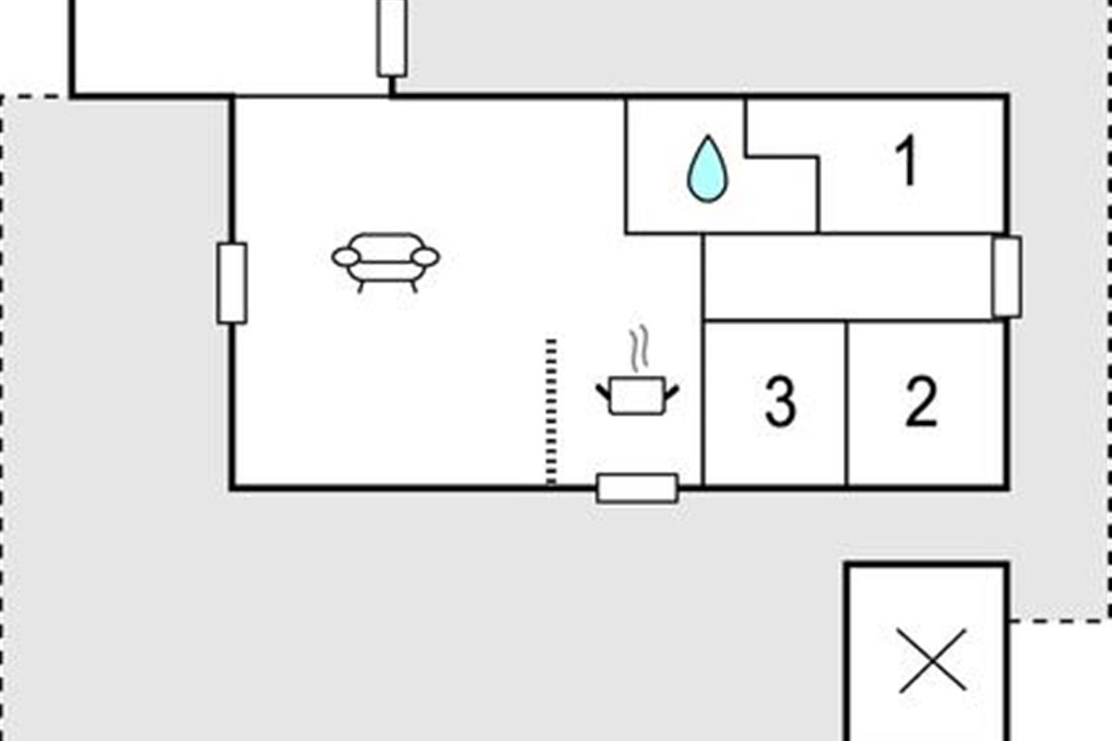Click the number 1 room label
click(908, 161)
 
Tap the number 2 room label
click(921, 402)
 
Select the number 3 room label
click(780, 402)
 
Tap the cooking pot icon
click(638, 396)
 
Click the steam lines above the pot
click(638, 350)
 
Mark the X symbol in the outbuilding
click(932, 660)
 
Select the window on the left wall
click(232, 283)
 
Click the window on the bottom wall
click(638, 487)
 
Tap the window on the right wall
click(1006, 276)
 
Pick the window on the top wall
click(392, 37)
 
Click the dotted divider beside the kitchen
click(551, 412)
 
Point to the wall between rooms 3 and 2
click(847, 403)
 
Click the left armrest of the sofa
click(346, 257)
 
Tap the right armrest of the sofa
click(425, 257)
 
